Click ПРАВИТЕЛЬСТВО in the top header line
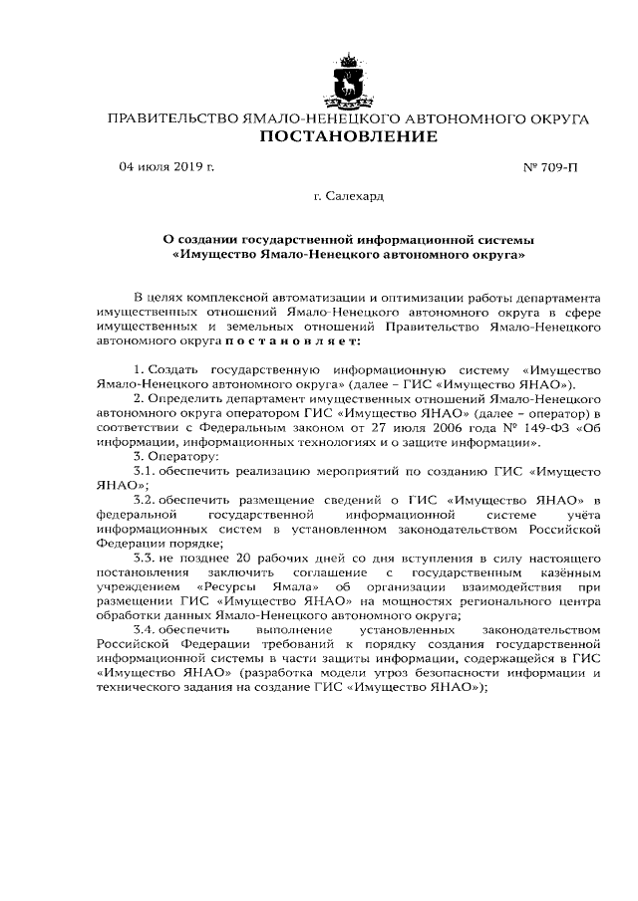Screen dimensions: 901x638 171,118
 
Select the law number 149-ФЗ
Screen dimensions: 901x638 522,426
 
